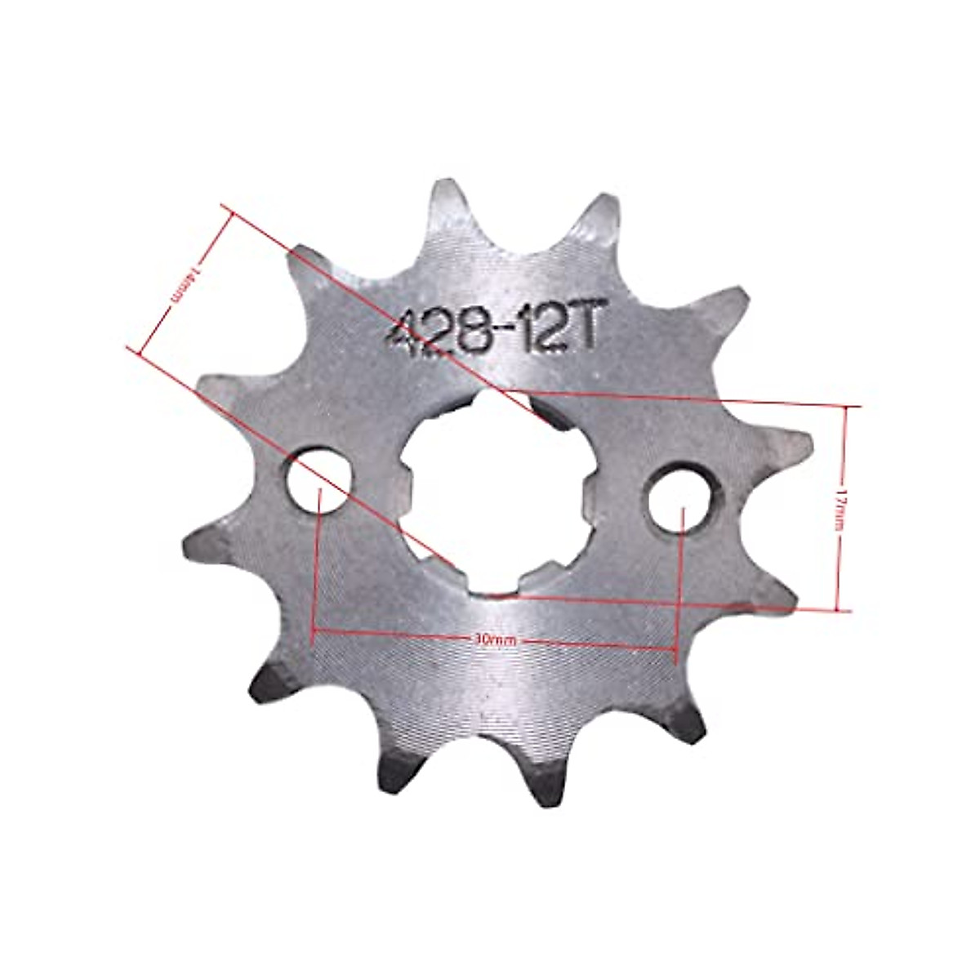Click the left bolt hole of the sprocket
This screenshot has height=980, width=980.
(x=319, y=479)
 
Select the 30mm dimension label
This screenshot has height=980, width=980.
(x=494, y=640)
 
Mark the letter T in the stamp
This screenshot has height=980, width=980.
(x=588, y=331)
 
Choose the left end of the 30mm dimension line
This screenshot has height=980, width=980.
(x=314, y=630)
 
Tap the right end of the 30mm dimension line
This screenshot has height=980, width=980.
(x=675, y=649)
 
